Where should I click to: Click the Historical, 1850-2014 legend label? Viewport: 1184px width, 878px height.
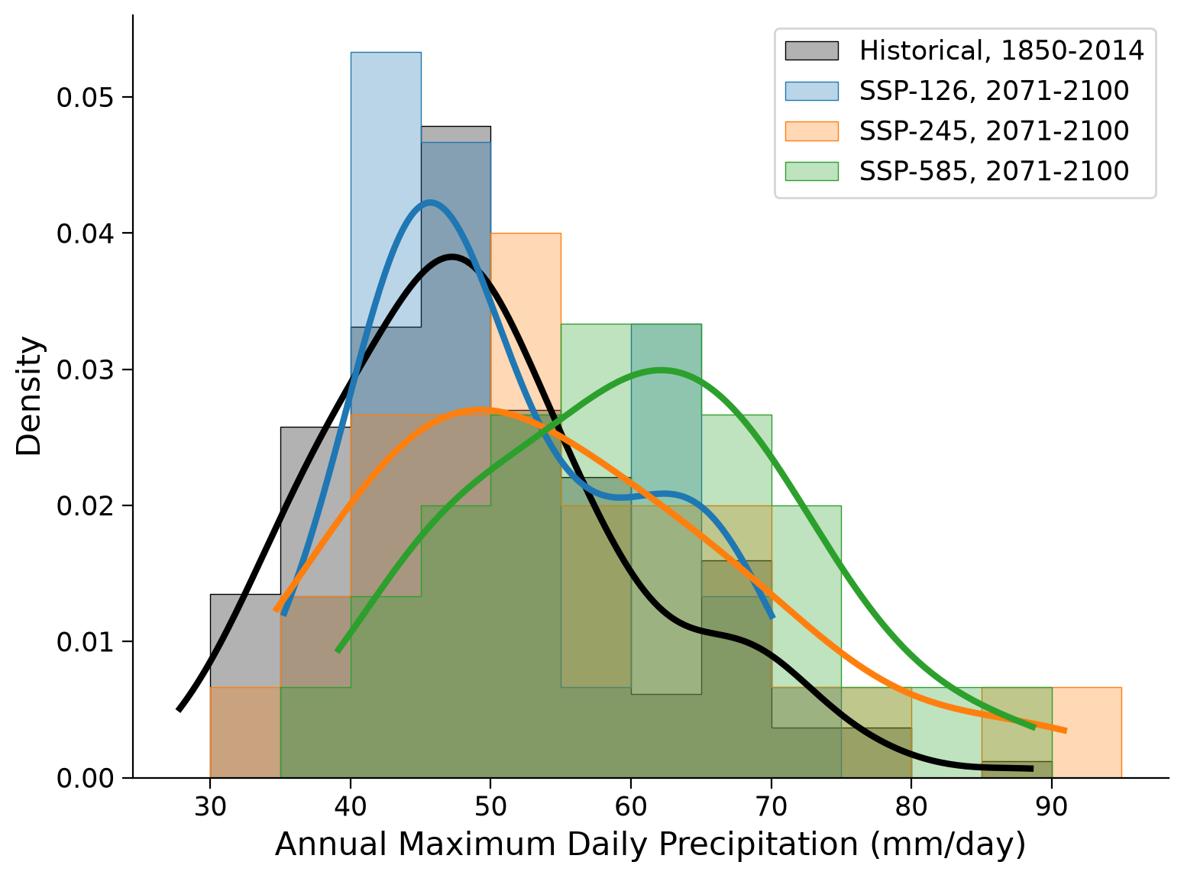click(1001, 50)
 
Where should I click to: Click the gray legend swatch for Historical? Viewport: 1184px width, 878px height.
click(811, 50)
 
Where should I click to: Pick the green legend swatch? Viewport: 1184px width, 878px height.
click(811, 171)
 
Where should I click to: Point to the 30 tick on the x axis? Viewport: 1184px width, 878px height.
click(210, 807)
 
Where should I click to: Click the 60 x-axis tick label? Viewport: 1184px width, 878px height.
click(631, 807)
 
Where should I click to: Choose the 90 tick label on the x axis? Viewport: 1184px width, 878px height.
click(1052, 807)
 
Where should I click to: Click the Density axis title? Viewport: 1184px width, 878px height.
click(28, 396)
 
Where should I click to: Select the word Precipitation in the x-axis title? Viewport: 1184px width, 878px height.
click(758, 845)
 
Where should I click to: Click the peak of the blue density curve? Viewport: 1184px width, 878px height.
click(430, 202)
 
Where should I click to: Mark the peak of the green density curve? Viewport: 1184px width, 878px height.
click(661, 370)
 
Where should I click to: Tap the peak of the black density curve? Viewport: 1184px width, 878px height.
click(452, 257)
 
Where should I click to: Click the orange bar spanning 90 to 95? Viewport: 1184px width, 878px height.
click(1086, 732)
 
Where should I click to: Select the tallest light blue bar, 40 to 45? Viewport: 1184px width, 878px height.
click(386, 189)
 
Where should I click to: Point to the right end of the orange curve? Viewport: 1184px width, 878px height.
click(1066, 731)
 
